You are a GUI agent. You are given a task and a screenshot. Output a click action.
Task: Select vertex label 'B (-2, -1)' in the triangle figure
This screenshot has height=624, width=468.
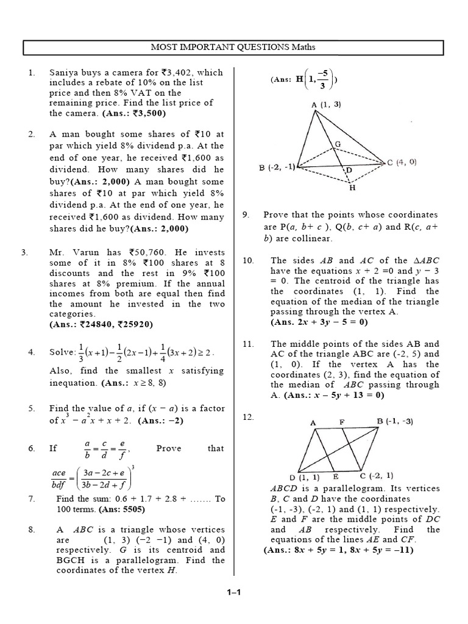point(277,166)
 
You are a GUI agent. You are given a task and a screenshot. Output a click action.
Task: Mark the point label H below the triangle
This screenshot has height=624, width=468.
point(352,188)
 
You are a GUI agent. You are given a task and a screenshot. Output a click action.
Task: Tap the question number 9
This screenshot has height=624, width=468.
point(246,214)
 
